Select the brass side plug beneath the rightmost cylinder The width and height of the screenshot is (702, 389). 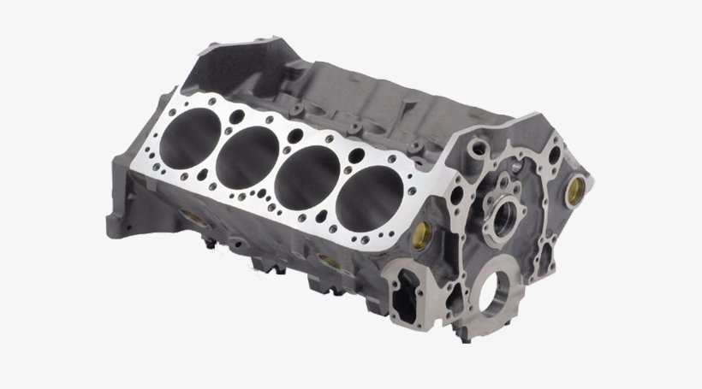tap(327, 261)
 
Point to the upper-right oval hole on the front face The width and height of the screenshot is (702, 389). tap(555, 154)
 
